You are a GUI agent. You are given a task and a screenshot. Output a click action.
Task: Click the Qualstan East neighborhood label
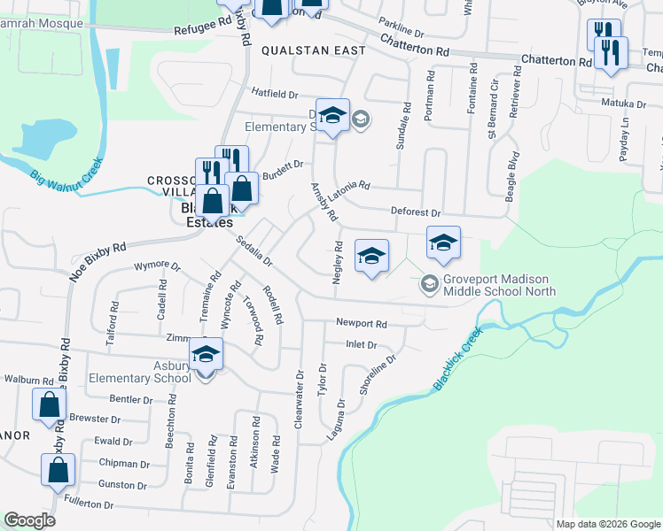(313, 50)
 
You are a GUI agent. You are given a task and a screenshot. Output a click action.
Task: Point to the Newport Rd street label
(362, 324)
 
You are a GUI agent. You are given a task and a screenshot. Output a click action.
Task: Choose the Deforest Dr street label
(416, 212)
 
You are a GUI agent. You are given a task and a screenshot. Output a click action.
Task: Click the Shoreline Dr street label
(376, 375)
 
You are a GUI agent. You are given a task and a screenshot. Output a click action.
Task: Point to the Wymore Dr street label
(157, 265)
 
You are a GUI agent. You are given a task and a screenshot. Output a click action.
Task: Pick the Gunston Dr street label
(122, 485)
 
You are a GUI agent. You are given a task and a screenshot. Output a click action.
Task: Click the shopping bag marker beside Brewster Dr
(50, 404)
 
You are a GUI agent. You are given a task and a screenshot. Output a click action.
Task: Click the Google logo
(29, 520)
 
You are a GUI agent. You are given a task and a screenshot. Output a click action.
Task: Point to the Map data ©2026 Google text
(607, 524)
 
